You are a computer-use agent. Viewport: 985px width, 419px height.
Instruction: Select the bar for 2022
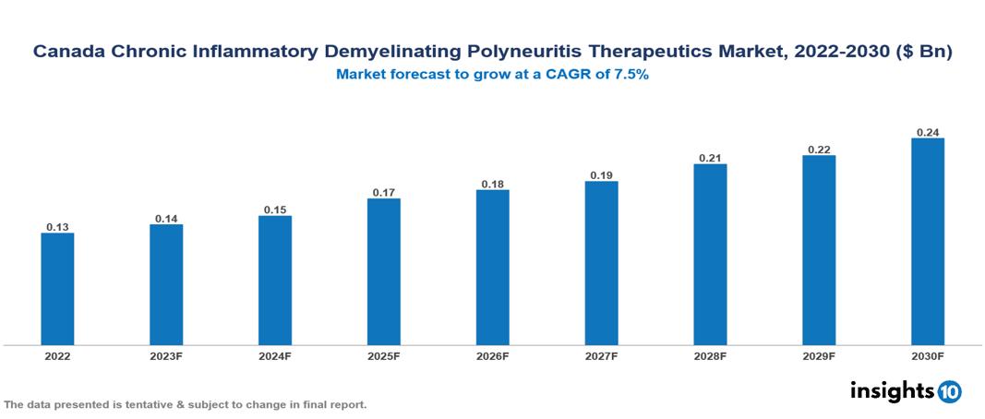point(57,289)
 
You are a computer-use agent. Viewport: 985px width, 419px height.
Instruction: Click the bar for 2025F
point(384,271)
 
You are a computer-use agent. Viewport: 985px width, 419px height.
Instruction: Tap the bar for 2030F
point(928,242)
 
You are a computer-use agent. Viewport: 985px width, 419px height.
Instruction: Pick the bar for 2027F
point(602,263)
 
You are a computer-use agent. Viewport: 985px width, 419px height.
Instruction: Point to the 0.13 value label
point(57,227)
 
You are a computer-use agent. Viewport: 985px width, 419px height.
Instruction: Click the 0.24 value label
point(928,132)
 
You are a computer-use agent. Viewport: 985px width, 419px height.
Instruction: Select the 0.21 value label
point(710,158)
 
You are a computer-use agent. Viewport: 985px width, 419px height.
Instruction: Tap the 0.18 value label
point(493,184)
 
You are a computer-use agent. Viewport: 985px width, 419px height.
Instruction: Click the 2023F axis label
point(166,356)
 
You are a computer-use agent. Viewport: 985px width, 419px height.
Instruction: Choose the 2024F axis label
point(275,356)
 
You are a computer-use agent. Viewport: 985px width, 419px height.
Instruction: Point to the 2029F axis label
point(819,356)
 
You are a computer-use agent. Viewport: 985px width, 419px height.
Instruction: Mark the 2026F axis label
point(493,356)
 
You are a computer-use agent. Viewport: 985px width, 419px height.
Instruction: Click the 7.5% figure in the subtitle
point(631,75)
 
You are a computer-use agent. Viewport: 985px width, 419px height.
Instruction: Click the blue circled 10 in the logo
point(949,392)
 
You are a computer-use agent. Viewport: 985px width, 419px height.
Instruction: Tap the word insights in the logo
point(891,391)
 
